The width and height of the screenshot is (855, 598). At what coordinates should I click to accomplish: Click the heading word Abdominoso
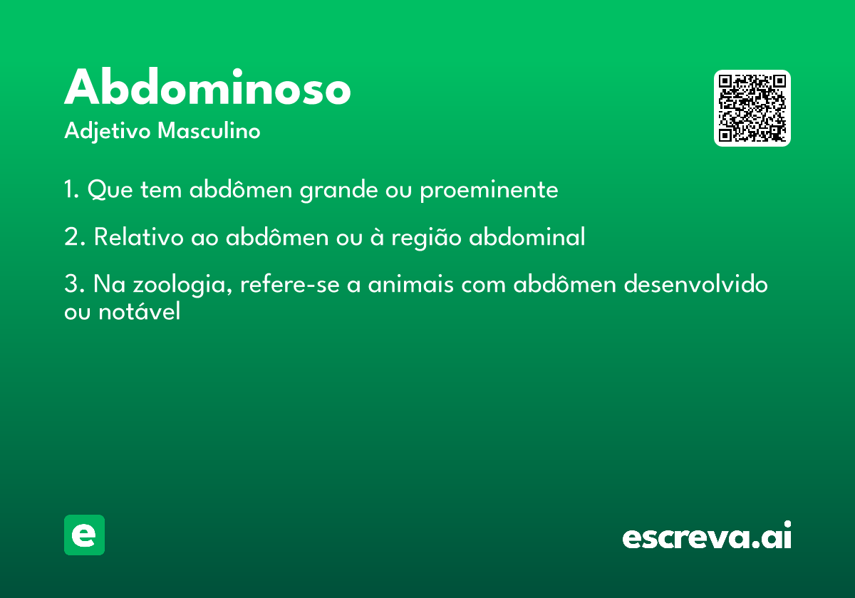click(x=207, y=86)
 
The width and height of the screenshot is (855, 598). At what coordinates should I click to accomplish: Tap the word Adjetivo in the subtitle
click(x=108, y=132)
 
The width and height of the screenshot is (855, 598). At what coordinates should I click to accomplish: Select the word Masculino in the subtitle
click(x=209, y=130)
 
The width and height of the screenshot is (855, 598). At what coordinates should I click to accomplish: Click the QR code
click(x=752, y=108)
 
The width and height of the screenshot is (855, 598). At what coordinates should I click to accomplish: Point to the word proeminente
click(x=489, y=190)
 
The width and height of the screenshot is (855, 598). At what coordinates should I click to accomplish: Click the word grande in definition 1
click(x=338, y=190)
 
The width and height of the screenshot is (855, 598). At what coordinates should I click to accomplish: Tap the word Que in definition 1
click(x=110, y=189)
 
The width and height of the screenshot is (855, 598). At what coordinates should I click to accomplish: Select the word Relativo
click(x=138, y=236)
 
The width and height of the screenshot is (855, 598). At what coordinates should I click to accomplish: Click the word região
click(x=426, y=238)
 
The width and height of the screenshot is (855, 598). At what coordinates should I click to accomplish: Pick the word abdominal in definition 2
click(x=527, y=236)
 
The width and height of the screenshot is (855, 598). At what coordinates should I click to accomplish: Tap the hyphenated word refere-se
click(x=290, y=284)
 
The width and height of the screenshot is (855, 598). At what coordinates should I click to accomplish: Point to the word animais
click(x=410, y=284)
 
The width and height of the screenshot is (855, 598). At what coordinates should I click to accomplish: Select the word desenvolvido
click(x=695, y=284)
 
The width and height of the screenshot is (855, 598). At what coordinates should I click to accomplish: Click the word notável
click(x=140, y=310)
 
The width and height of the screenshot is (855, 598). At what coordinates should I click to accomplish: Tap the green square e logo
click(x=84, y=535)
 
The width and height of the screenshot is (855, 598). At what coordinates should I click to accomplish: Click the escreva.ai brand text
click(x=707, y=535)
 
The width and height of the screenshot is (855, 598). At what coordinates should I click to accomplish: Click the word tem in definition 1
click(x=161, y=189)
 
